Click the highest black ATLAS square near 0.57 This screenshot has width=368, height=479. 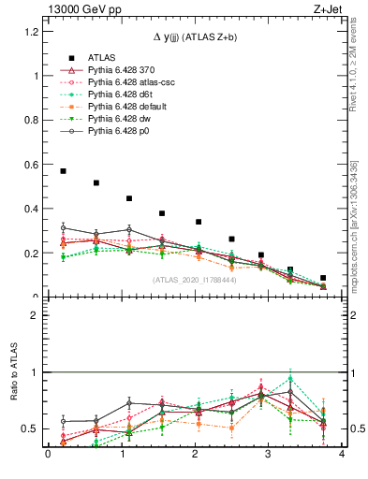[x=63, y=171]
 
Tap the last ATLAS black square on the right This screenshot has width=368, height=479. [x=323, y=278]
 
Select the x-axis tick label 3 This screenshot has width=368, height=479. [x=268, y=456]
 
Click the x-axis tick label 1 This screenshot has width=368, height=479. [x=121, y=456]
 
